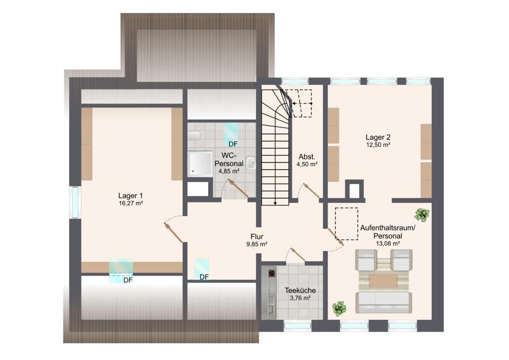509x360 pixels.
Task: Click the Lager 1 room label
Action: point(130,196)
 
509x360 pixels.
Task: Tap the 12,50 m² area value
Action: point(378,145)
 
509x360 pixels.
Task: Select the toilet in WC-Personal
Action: point(194,135)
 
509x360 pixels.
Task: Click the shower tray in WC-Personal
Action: point(200,164)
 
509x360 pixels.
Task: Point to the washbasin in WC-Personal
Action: point(251,164)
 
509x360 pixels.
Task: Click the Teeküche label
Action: point(300,290)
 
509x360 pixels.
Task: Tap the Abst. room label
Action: point(307,157)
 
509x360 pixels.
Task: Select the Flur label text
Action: point(257,237)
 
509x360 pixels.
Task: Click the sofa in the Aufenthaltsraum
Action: point(383,302)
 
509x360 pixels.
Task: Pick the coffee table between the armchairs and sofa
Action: point(383,281)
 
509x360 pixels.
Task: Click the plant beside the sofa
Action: point(339,308)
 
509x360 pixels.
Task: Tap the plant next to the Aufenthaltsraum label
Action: point(422,215)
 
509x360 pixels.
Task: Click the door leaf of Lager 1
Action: point(174,233)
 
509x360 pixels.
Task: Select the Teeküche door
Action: point(298,255)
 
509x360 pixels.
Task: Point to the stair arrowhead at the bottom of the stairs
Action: point(275,203)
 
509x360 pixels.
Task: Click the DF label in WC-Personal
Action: point(233,144)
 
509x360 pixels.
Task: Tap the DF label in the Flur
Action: point(204,277)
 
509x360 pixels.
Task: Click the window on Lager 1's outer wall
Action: point(75,203)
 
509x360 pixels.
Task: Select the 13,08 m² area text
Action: point(387,243)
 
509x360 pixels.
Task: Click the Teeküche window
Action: point(297,325)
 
